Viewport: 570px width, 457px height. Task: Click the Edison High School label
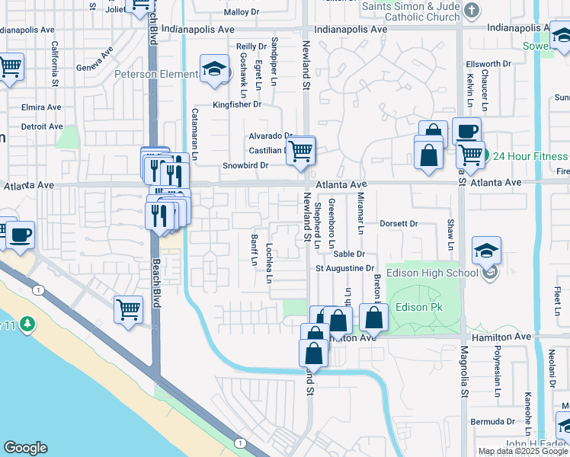(431, 273)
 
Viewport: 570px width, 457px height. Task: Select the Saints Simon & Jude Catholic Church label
(410, 11)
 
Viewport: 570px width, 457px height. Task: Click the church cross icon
(472, 10)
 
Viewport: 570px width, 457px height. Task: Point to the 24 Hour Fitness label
(531, 157)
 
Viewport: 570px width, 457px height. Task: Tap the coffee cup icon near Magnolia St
(466, 131)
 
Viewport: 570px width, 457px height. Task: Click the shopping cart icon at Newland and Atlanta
(301, 151)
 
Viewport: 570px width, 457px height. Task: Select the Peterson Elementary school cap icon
(215, 69)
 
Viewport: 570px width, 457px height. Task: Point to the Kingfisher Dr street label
(236, 104)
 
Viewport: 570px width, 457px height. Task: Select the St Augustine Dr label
(345, 268)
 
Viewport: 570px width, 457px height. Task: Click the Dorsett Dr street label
(399, 224)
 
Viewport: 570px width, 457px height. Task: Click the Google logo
(25, 448)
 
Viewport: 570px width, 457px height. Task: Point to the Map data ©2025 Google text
(523, 451)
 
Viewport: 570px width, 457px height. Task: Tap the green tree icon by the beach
(29, 324)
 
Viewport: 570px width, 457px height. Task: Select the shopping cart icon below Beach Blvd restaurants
(129, 309)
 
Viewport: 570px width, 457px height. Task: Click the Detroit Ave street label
(41, 126)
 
